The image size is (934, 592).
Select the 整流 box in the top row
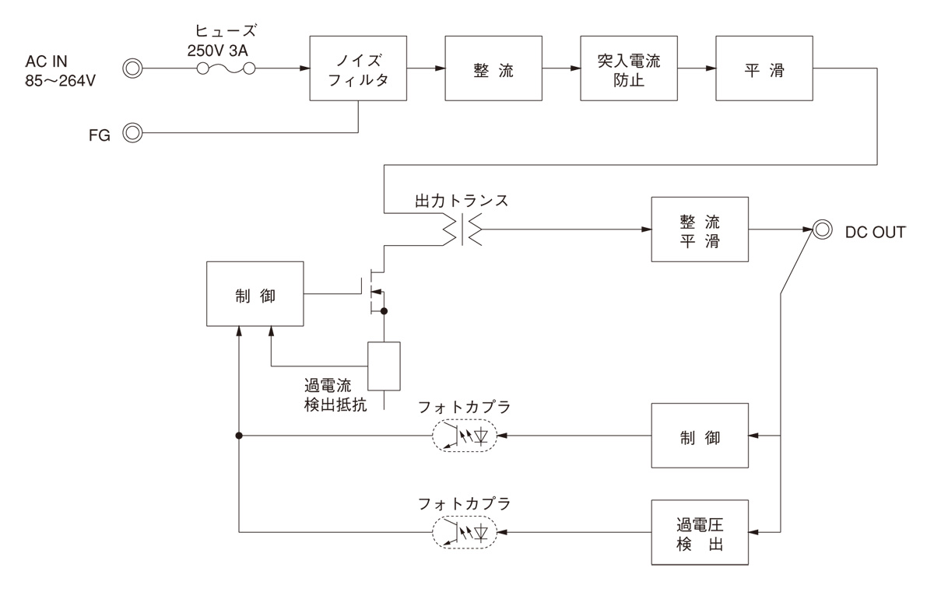493,68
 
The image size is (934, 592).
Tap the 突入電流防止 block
628,68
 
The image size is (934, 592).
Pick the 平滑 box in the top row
764,68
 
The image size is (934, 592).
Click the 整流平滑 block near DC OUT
700,230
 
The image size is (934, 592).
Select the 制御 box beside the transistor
255,295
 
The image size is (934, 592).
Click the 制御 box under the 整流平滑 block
700,436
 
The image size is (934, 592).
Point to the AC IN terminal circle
133,68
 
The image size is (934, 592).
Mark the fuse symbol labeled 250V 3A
226,68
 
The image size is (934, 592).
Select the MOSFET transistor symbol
376,292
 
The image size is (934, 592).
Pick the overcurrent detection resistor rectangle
384,366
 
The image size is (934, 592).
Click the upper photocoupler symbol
465,436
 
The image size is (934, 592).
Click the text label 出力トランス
462,200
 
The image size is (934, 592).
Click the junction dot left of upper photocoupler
240,436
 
